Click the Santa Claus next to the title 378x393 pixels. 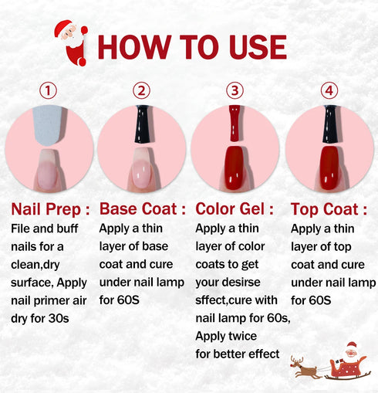click(72, 42)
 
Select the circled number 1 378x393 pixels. click(49, 91)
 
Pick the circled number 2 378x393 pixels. click(141, 91)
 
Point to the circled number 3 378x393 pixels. click(235, 91)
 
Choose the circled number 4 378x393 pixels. click(330, 91)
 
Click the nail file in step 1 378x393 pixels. click(49, 124)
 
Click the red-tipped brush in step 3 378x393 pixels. click(235, 124)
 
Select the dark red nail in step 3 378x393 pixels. click(235, 168)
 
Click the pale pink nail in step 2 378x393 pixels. click(142, 168)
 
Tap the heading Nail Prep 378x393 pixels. click(50, 209)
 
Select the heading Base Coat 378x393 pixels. click(143, 209)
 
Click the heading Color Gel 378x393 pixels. click(235, 209)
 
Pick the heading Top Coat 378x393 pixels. click(329, 209)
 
